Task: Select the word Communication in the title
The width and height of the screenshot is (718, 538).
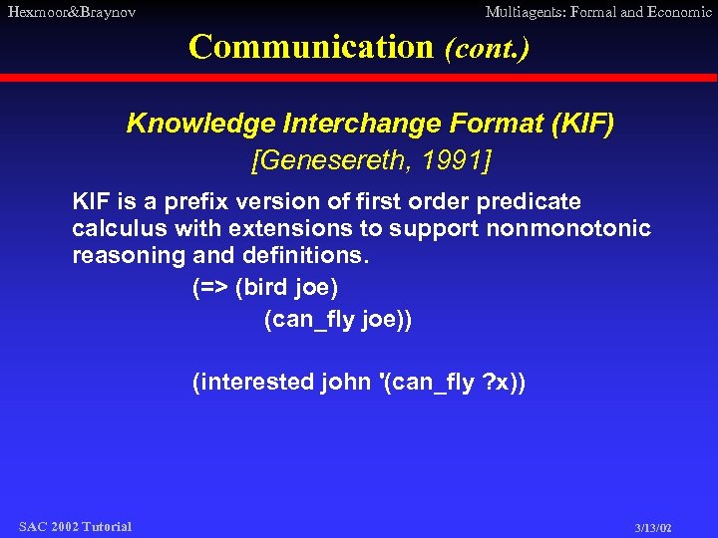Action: [310, 47]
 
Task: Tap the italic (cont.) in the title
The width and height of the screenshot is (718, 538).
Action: [487, 48]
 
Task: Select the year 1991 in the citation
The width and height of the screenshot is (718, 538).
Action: [458, 159]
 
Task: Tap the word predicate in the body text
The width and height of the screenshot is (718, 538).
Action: [531, 202]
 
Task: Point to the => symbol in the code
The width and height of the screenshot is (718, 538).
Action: [208, 288]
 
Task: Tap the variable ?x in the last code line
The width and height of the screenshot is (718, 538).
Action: [496, 383]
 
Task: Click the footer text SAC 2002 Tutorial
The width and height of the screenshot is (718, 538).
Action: [75, 526]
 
